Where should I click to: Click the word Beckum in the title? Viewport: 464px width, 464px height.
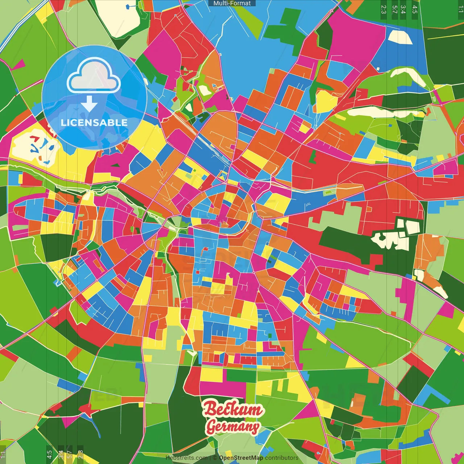[232, 409]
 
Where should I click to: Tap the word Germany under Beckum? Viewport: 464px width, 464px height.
[233, 427]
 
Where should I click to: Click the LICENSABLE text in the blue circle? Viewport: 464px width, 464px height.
[94, 123]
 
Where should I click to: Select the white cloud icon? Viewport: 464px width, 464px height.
[94, 77]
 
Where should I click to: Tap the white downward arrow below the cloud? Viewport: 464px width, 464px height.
[89, 104]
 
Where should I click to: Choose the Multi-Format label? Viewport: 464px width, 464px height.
[232, 3]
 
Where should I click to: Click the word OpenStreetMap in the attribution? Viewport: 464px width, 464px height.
[241, 458]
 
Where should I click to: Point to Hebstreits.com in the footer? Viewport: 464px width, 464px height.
[186, 458]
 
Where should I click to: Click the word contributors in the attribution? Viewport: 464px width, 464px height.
[282, 458]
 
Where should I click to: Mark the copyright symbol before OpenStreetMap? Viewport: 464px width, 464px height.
[215, 458]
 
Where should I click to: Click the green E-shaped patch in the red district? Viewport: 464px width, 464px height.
[313, 156]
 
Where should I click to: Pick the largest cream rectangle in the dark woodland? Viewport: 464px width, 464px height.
[413, 227]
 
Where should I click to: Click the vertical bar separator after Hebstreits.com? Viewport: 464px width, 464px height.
[210, 458]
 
